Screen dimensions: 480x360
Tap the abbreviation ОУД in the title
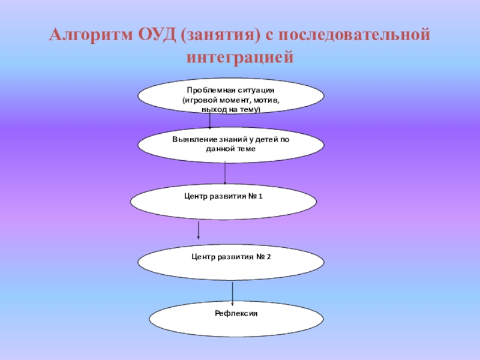(156, 35)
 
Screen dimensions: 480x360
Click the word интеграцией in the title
(239, 58)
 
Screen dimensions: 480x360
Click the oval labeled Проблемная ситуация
(232, 96)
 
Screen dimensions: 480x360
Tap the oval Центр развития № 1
(223, 201)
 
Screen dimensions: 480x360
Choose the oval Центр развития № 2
(232, 262)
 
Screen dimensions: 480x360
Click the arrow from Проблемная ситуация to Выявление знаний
(210, 121)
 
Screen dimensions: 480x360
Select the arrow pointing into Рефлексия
(233, 292)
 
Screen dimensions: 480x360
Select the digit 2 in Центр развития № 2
(269, 257)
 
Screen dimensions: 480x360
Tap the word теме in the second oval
(245, 148)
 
